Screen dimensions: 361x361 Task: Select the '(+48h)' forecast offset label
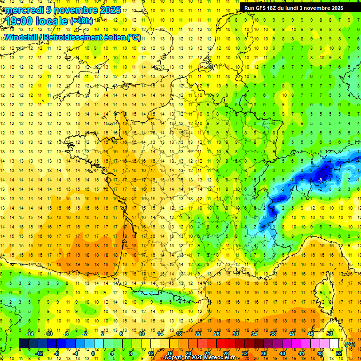click(x=81, y=21)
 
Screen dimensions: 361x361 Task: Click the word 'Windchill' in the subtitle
click(x=21, y=37)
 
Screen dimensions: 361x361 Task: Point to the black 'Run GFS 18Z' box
click(x=294, y=8)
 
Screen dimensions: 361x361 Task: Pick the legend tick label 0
click(x=93, y=353)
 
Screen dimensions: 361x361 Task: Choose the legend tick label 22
click(x=198, y=334)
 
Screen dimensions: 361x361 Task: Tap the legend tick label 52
click(x=339, y=353)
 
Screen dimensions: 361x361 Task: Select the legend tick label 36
click(x=264, y=353)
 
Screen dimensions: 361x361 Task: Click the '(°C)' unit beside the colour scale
click(x=350, y=344)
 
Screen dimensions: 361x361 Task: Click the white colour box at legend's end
click(x=334, y=344)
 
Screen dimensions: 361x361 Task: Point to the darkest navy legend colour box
click(x=24, y=344)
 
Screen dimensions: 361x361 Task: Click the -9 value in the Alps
click(x=320, y=180)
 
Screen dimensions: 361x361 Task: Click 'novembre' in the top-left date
click(x=78, y=10)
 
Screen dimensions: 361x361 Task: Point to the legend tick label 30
click(x=235, y=334)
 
